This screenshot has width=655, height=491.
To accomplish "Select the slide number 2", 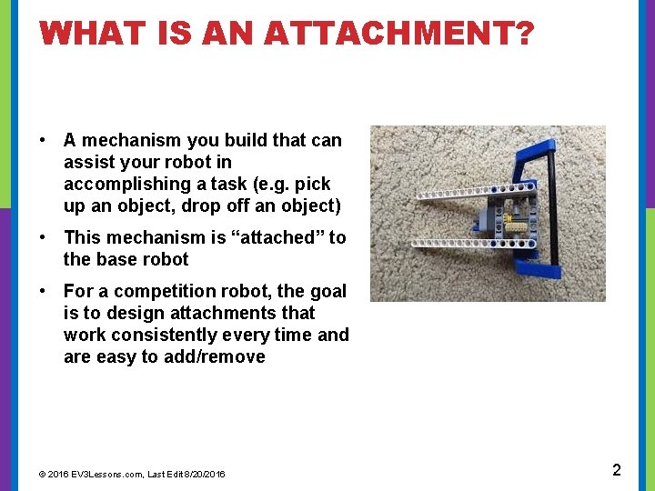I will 616,470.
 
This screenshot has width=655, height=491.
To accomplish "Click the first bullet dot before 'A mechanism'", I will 44,141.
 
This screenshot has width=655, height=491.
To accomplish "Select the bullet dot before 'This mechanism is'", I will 44,238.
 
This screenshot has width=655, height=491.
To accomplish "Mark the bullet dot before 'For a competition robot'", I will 44,292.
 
